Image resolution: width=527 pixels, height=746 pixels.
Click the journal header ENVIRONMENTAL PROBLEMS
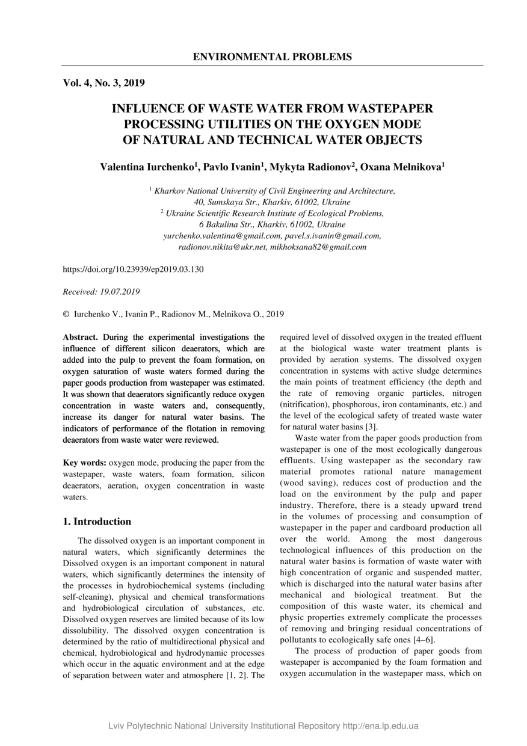273,57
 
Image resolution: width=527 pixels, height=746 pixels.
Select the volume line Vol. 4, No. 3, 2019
103,83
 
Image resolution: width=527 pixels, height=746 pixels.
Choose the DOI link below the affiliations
133,270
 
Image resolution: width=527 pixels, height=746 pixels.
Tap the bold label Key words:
85,463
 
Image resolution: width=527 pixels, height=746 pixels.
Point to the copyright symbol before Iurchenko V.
66,314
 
